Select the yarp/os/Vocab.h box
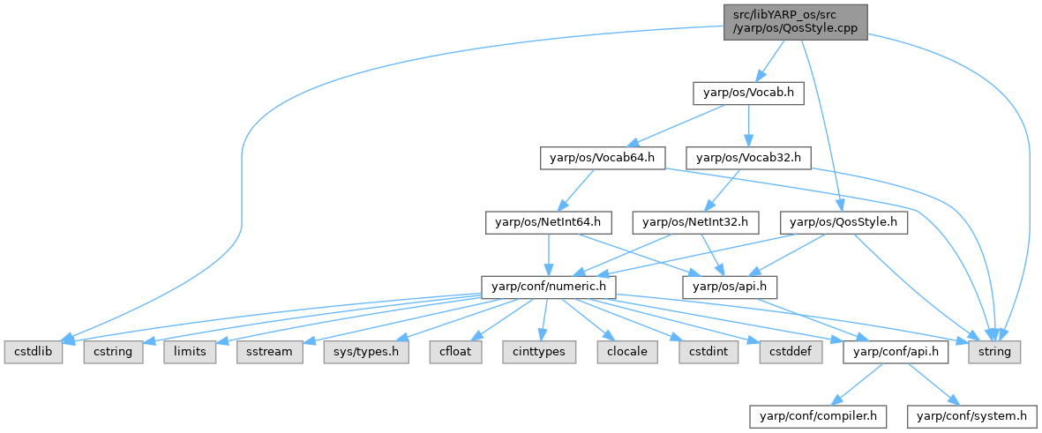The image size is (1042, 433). pyautogui.click(x=747, y=92)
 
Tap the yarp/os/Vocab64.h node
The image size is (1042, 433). pyautogui.click(x=602, y=159)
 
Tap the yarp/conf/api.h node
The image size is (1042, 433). pyautogui.click(x=896, y=351)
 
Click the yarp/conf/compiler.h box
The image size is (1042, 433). pyautogui.click(x=817, y=414)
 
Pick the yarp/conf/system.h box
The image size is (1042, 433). pyautogui.click(x=972, y=414)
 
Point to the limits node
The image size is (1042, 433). pyautogui.click(x=189, y=351)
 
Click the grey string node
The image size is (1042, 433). pyautogui.click(x=995, y=351)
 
